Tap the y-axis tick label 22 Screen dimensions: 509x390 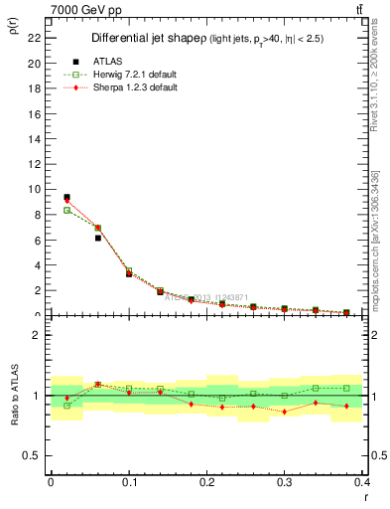click(x=36, y=38)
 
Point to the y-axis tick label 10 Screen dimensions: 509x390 click(x=36, y=189)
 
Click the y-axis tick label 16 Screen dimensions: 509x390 click(x=36, y=113)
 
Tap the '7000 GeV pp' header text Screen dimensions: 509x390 click(x=81, y=9)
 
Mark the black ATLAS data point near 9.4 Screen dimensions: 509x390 click(x=66, y=197)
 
